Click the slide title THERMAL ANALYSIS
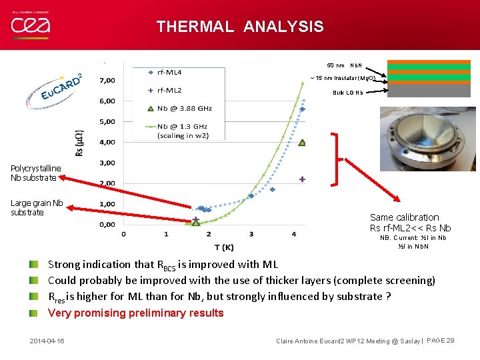click(240, 27)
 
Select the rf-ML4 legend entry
click(169, 72)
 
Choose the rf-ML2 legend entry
click(169, 90)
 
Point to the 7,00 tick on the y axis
click(107, 81)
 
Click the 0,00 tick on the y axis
click(107, 225)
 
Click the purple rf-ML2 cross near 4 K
click(302, 179)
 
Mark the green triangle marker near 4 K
click(302, 143)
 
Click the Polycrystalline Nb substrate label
click(35, 173)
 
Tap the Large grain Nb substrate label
click(37, 207)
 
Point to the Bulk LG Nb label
click(348, 93)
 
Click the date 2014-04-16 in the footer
click(47, 341)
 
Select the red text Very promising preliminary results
click(136, 313)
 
